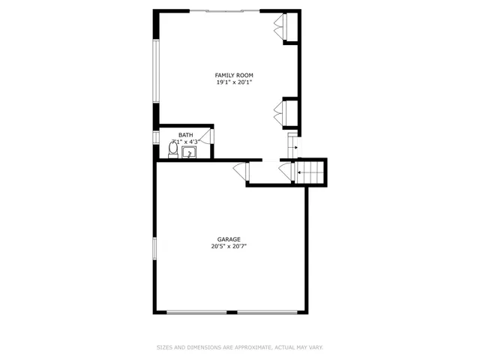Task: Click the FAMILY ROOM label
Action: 234,75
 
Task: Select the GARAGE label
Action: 229,239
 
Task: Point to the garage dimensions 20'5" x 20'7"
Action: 229,246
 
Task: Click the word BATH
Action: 184,135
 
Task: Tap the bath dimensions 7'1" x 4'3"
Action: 185,142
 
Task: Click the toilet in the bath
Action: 173,151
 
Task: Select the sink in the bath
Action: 189,153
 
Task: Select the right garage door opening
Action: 265,311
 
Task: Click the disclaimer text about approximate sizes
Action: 239,347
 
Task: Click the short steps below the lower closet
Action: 293,147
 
